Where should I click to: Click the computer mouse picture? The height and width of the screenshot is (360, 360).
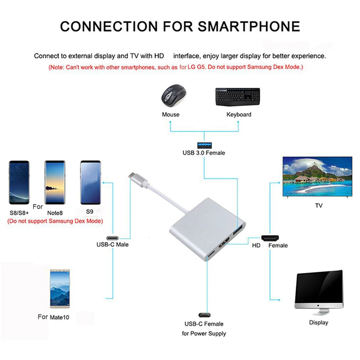pos(174,95)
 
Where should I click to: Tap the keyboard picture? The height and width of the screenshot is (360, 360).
pos(238,97)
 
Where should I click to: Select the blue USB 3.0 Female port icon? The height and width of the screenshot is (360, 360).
pos(204,145)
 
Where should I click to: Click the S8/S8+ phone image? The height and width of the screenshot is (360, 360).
pos(19,183)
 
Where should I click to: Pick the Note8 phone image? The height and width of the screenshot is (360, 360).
pos(55,183)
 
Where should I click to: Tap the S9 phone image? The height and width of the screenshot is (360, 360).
pos(90,183)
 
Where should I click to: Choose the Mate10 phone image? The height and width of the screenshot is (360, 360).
pos(60,289)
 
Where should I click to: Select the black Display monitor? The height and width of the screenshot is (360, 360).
pos(319,292)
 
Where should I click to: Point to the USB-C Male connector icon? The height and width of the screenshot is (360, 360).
pos(112,238)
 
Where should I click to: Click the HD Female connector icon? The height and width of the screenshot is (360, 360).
pos(270,238)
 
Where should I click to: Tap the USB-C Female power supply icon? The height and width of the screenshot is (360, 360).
pos(204,315)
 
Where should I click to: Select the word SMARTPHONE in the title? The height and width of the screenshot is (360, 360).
pos(249,26)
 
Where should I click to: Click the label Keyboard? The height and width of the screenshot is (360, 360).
pos(239,114)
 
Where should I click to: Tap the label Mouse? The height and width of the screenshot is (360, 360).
pos(171,114)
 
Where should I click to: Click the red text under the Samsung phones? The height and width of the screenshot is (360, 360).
pos(55,221)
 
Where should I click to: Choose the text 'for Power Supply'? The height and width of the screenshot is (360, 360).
pos(204,333)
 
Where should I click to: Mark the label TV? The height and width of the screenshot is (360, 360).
pos(319,206)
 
